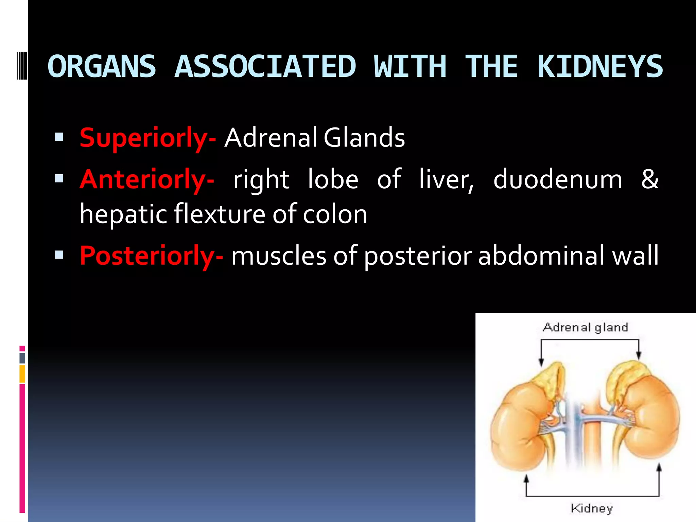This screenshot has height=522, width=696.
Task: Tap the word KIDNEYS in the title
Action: pos(600,67)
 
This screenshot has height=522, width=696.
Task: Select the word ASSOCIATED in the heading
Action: pos(265,67)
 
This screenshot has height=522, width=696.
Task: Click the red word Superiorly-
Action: pos(147,138)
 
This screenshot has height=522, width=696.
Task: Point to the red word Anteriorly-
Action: pos(147,179)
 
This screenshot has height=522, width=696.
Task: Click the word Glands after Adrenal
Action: pos(364,137)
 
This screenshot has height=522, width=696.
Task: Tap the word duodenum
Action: pos(558,179)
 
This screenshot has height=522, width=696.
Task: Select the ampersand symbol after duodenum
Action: pos(649,179)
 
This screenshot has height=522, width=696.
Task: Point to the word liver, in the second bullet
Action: pos(446,179)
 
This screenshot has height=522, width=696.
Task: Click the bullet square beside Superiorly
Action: pos(59,137)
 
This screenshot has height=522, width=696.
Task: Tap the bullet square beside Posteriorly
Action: pos(59,255)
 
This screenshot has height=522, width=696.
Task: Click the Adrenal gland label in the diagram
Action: pos(585,327)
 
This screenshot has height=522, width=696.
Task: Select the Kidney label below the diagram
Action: pos(592,508)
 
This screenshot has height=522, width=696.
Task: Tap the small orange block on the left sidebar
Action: pos(22,374)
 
